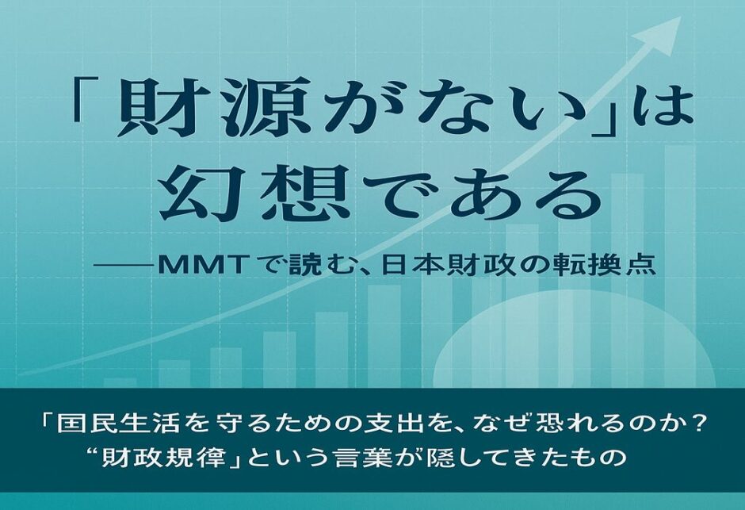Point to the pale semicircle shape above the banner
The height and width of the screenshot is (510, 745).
pyautogui.click(x=575, y=340)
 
